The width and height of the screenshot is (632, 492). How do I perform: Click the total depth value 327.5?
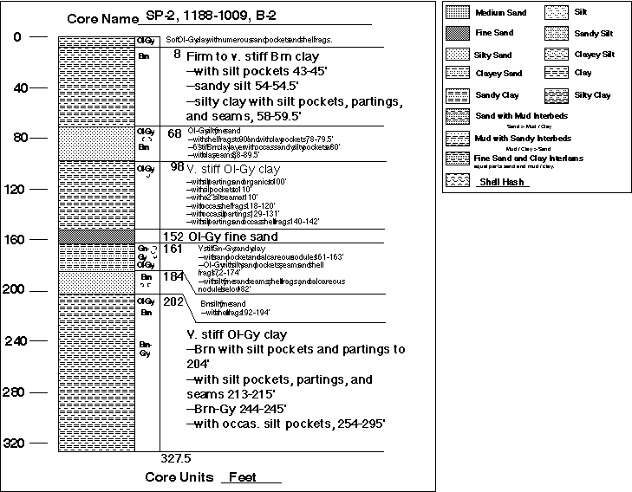click(x=176, y=456)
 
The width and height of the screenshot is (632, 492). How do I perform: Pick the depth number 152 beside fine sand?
click(x=172, y=236)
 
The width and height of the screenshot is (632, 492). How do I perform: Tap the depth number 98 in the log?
click(x=177, y=165)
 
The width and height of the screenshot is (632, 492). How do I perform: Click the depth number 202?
click(x=173, y=301)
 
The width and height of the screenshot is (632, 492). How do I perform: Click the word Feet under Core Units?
click(x=248, y=478)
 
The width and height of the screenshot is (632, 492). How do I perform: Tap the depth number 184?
click(x=173, y=276)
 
